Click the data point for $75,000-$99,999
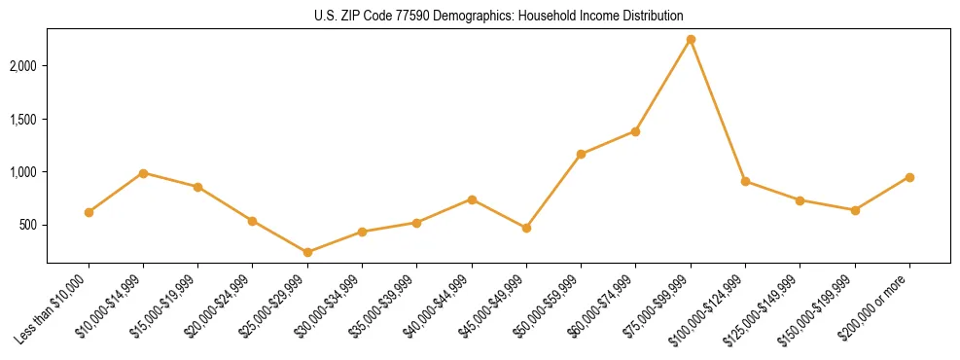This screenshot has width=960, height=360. coord(691,39)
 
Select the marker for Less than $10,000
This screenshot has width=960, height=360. coord(89,212)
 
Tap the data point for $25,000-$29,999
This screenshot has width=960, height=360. coord(307,252)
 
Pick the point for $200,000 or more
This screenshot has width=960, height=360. coord(909,177)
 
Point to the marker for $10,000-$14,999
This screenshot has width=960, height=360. coord(143,173)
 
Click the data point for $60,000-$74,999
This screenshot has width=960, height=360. coord(636,131)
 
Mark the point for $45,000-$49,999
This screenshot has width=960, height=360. coord(526,228)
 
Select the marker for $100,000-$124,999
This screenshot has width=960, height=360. coord(745,181)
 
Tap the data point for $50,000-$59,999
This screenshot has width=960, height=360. coord(581,154)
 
